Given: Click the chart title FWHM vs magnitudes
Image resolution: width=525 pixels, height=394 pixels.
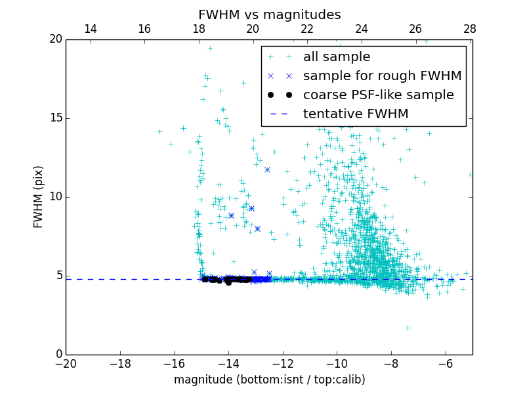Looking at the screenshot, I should click(269, 14).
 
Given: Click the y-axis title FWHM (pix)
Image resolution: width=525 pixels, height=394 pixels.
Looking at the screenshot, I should click(39, 196).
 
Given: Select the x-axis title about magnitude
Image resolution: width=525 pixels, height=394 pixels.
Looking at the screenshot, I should click(269, 380).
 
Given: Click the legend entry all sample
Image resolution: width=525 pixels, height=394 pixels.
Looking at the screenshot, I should click(337, 57).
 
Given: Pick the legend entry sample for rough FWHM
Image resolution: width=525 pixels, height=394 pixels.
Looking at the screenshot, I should click(382, 76).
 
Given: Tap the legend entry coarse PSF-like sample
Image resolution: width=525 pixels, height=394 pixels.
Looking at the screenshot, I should click(378, 95).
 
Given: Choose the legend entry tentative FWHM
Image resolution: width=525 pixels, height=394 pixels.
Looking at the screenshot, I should click(356, 114).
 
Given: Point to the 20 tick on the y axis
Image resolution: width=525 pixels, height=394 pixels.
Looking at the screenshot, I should click(54, 39).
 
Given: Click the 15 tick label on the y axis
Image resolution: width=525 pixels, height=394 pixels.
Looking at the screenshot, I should click(54, 118).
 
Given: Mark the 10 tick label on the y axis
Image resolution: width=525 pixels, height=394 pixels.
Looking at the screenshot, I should click(54, 197).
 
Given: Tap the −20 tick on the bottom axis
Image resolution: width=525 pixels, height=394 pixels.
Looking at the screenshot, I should click(66, 363).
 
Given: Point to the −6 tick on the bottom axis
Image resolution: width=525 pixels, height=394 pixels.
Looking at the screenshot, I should click(445, 363).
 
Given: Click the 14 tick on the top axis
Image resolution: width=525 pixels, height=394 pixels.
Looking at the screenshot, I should click(91, 29).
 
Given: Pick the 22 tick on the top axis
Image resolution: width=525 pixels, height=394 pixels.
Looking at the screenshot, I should click(307, 29).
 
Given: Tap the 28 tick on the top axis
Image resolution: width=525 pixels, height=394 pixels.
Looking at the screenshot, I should click(470, 29).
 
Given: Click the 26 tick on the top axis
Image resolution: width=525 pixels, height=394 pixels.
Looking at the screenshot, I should click(415, 29).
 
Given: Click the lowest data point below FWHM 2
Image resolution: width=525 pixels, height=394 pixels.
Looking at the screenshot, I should click(408, 328).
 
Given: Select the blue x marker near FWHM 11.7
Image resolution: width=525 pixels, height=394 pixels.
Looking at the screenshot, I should click(267, 170).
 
